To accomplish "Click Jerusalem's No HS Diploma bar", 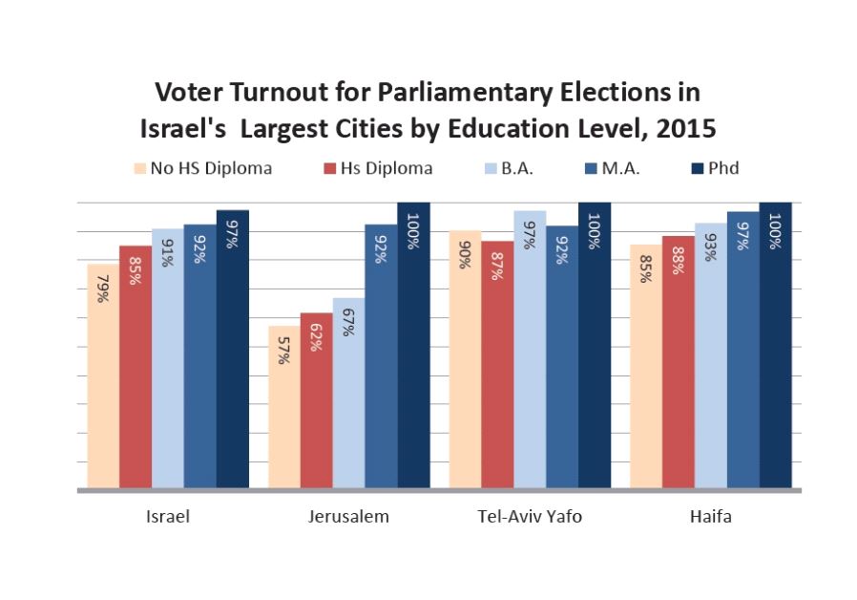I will click(x=284, y=420).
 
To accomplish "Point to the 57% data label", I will click(x=285, y=352).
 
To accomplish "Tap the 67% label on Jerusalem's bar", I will click(x=349, y=323).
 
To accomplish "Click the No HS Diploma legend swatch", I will click(x=140, y=169).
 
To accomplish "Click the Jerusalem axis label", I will click(x=348, y=517).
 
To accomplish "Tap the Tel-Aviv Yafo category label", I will click(x=530, y=517).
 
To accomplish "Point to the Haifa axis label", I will click(x=710, y=517).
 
